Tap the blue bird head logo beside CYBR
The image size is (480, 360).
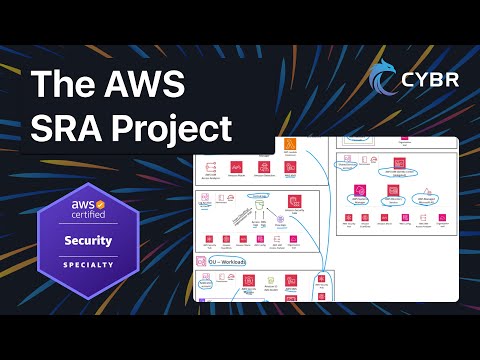click(382, 79)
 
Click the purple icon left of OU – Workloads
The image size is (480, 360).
click(200, 261)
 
